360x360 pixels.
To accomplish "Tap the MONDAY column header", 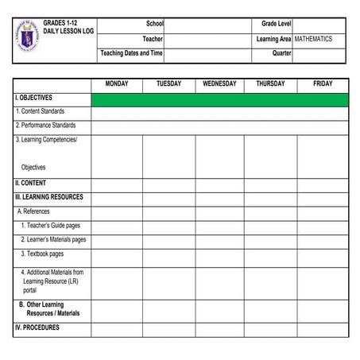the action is [117, 84].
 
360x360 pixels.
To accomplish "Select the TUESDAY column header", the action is [168, 84].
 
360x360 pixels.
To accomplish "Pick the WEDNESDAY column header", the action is [219, 84].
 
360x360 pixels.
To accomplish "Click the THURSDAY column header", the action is [270, 84].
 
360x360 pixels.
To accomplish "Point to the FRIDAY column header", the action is [323, 84].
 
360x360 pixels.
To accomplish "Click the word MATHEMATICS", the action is [313, 39].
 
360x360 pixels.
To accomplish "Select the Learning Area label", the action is [273, 39].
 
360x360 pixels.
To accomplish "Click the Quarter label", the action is [281, 53].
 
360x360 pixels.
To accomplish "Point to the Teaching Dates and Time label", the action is [131, 53].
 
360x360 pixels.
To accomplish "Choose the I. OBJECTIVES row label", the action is [34, 99].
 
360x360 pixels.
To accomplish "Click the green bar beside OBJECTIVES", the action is [219, 99].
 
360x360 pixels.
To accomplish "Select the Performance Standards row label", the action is [46, 126].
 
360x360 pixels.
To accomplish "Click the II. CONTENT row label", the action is [31, 183].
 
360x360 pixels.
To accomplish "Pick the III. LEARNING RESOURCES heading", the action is [49, 197].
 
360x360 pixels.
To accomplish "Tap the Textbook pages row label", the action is [42, 254].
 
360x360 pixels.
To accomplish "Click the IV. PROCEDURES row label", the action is [37, 327].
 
